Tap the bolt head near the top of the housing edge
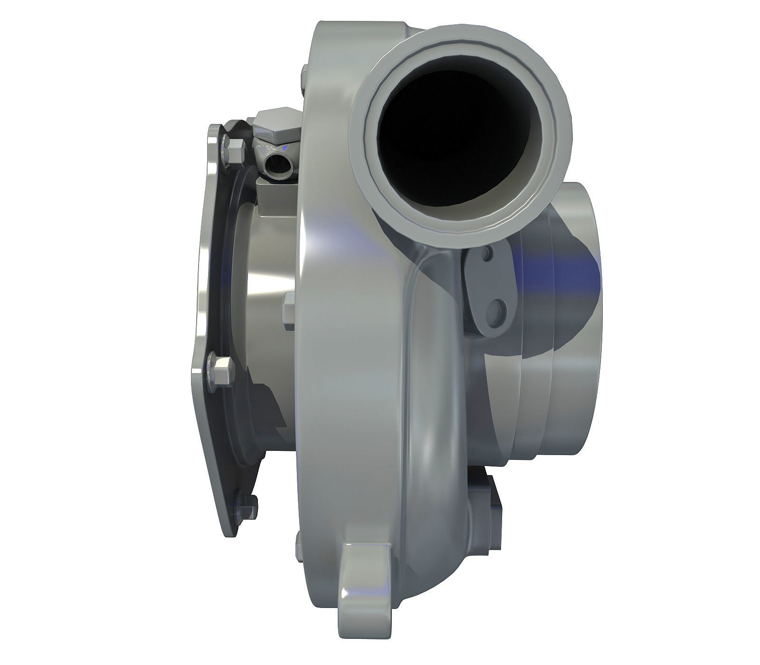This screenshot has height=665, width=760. click(304, 78)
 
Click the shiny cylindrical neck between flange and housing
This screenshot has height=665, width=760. click(266, 304)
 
